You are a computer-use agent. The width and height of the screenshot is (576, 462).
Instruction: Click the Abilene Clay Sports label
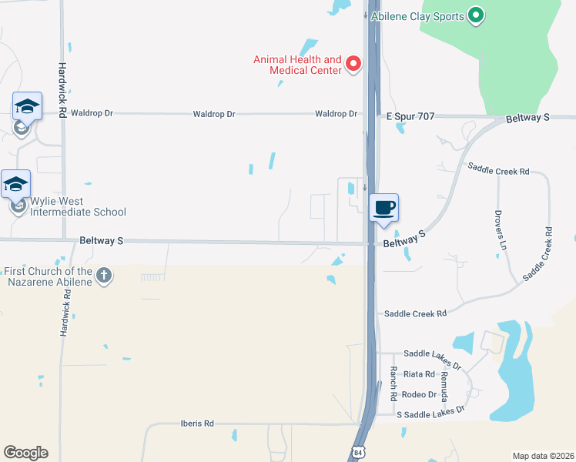click(x=417, y=16)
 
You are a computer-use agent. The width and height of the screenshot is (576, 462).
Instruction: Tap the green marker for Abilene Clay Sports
click(x=476, y=15)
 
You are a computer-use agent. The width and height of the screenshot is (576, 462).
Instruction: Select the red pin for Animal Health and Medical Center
click(x=353, y=63)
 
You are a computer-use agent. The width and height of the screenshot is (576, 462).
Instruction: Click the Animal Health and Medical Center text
click(x=298, y=65)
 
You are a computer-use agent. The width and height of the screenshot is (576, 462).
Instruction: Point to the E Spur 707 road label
click(x=410, y=116)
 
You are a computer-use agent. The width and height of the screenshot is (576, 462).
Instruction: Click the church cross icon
click(x=105, y=275)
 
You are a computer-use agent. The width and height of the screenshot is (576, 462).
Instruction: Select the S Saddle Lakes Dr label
click(x=430, y=413)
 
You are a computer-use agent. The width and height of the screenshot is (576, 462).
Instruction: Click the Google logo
click(x=25, y=453)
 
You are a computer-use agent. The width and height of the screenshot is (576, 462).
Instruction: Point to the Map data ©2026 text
click(x=543, y=456)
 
